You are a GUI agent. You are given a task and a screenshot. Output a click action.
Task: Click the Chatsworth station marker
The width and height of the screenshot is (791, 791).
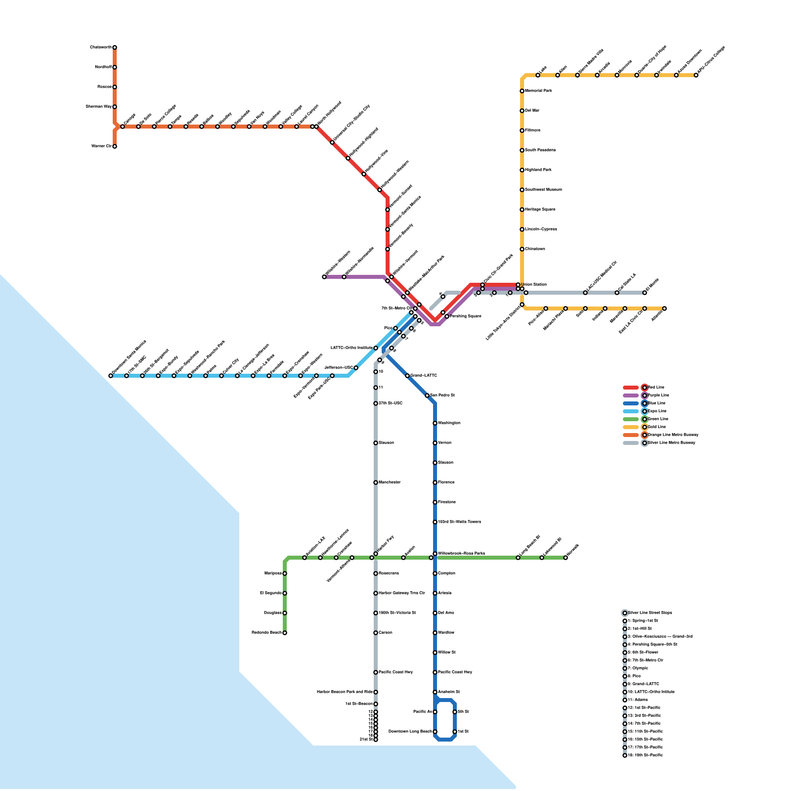click(115, 47)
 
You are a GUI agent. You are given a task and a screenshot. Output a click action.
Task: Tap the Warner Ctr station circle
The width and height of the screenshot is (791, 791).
click(115, 146)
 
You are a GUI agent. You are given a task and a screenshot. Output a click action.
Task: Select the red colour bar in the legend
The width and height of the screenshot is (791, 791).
click(631, 388)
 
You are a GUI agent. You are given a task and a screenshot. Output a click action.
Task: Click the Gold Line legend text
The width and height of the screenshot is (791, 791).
click(657, 427)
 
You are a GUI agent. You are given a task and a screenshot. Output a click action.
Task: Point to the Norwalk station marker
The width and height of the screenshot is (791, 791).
click(566, 558)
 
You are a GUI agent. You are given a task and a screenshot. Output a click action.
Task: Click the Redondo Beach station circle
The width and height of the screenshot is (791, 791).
click(285, 633)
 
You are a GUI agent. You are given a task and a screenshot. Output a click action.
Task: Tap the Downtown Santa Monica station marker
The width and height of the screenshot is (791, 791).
click(111, 376)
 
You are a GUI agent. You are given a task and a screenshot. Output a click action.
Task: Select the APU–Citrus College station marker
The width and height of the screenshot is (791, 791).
click(696, 75)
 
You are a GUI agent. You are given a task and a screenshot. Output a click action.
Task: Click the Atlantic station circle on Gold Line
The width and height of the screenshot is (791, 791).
click(664, 308)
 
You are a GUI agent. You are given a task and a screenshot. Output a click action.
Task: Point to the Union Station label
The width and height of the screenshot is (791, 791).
click(534, 285)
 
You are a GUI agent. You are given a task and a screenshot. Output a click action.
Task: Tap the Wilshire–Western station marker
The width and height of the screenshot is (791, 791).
click(324, 277)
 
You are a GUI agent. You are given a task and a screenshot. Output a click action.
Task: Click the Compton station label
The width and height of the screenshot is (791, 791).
click(446, 573)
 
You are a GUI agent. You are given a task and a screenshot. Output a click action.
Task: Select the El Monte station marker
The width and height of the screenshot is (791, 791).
click(645, 293)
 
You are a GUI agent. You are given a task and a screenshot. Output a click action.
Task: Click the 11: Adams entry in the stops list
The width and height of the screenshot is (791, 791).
click(638, 700)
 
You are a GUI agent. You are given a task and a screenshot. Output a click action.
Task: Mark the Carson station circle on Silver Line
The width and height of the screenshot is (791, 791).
click(376, 633)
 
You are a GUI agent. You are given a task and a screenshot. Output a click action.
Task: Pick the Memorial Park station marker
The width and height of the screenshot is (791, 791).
click(522, 91)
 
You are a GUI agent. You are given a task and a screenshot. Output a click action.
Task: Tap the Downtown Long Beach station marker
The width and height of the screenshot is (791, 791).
click(435, 732)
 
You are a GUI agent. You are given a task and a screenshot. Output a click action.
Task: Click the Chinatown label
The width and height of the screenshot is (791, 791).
click(535, 249)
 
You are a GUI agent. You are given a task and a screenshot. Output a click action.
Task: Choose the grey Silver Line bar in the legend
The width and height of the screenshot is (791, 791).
click(631, 443)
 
